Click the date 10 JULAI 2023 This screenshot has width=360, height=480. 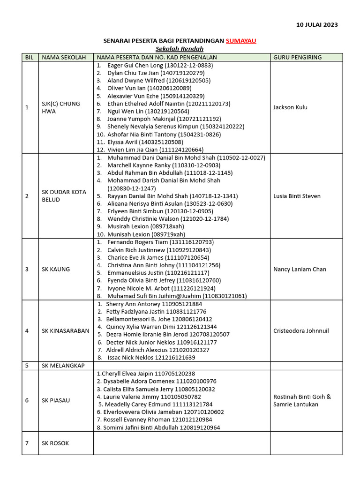pyautogui.click(x=317, y=25)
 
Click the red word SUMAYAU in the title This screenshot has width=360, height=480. pyautogui.click(x=241, y=41)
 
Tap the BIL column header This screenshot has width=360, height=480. pyautogui.click(x=30, y=57)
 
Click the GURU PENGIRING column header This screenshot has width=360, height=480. pyautogui.click(x=297, y=57)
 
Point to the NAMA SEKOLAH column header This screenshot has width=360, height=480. pyautogui.click(x=64, y=57)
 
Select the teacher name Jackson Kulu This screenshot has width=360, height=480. pyautogui.click(x=290, y=107)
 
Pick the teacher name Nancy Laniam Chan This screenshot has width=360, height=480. pyautogui.click(x=300, y=269)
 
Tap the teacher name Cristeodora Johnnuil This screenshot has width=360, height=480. pyautogui.click(x=301, y=330)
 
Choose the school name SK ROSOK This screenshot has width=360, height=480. pyautogui.click(x=55, y=443)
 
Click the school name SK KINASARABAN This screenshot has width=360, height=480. pyautogui.click(x=65, y=330)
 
